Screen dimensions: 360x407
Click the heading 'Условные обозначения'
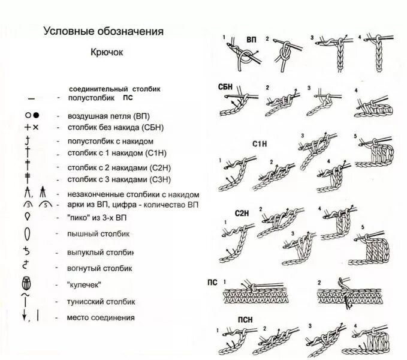[x=103, y=31]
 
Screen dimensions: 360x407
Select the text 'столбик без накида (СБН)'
[x=116, y=128]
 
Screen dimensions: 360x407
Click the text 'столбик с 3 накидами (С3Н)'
[x=120, y=179]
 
